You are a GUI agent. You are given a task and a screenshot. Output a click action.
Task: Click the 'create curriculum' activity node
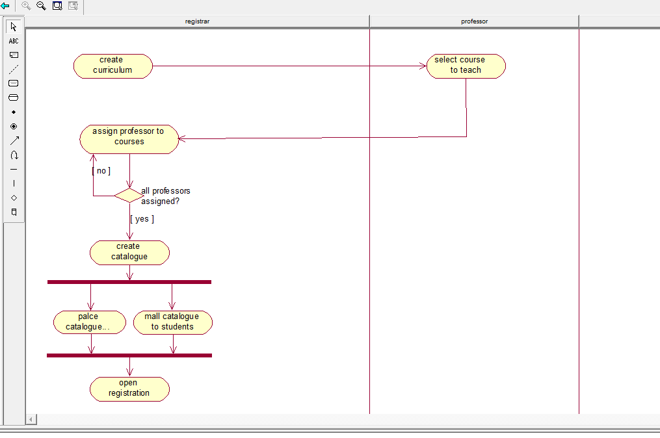(x=112, y=66)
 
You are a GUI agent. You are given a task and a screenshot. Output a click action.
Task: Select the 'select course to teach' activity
(x=466, y=66)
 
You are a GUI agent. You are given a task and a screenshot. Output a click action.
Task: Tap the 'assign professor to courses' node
(x=129, y=139)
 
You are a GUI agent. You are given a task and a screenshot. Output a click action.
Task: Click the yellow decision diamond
(x=129, y=195)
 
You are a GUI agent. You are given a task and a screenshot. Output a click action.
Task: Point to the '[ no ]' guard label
(x=101, y=171)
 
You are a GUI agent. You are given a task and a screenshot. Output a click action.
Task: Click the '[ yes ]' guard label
(x=142, y=219)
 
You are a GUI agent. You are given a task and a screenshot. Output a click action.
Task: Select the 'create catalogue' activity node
(x=129, y=252)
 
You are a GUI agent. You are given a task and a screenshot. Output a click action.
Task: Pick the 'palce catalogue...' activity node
(x=90, y=322)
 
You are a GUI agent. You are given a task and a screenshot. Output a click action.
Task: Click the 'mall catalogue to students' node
(x=173, y=322)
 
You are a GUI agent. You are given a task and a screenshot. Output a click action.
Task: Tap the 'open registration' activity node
(x=129, y=389)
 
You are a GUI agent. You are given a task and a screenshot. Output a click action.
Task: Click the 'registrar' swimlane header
(x=198, y=21)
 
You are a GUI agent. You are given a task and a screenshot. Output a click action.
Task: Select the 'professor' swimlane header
(x=475, y=21)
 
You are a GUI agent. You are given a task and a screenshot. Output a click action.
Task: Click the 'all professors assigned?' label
(x=166, y=196)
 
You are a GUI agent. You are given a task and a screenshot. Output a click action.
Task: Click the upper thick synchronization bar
(x=129, y=282)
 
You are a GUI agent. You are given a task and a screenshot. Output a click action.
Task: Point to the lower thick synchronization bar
(x=129, y=355)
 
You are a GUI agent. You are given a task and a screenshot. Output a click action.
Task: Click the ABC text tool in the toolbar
(x=14, y=41)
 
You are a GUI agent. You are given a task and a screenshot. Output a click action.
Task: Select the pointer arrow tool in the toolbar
(x=14, y=27)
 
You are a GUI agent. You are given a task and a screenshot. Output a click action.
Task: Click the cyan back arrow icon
(x=5, y=5)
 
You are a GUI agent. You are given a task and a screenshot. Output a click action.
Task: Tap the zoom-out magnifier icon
(x=41, y=5)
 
